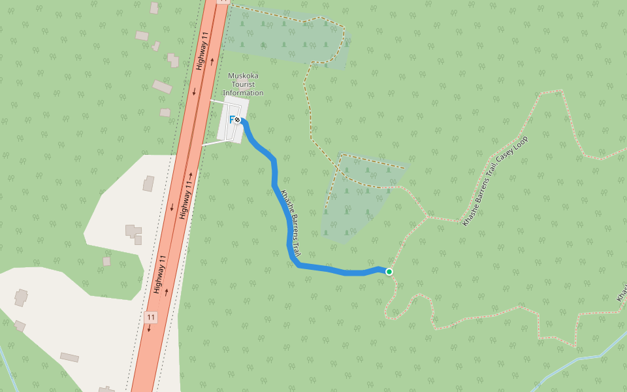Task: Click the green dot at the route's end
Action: coord(389,271)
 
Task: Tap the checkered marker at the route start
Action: coord(238,120)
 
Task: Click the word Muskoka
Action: coord(243,75)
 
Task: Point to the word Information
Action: coord(243,93)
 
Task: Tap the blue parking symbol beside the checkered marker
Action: coord(231,120)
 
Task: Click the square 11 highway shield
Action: coord(151,318)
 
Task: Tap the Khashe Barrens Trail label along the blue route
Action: coord(291,219)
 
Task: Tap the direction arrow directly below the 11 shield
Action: coord(148,329)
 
